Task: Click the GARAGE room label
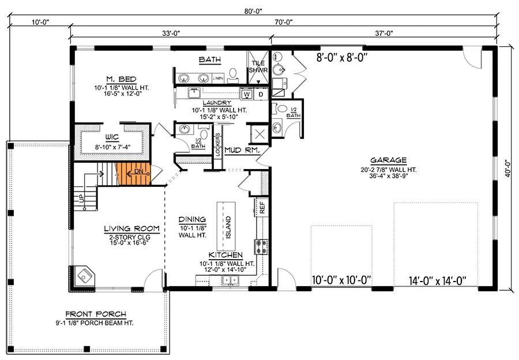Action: [389, 160]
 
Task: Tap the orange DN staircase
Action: [133, 172]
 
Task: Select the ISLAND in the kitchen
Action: [227, 223]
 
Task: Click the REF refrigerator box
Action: [261, 208]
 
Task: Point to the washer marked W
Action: [246, 93]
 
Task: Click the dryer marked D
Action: [260, 93]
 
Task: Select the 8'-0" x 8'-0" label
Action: [341, 57]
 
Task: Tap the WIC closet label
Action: [111, 138]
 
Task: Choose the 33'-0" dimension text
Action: [171, 33]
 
